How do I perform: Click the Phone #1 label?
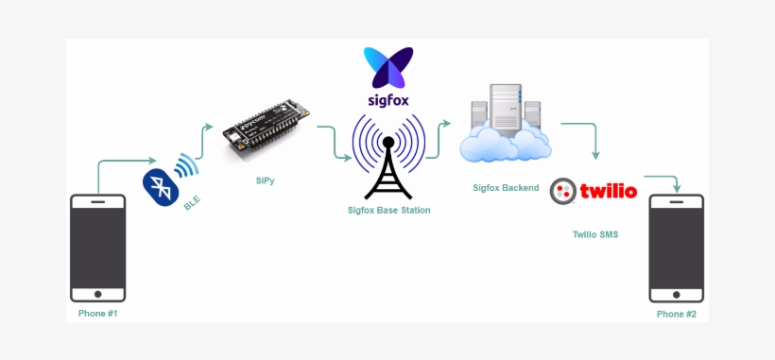pyautogui.click(x=98, y=313)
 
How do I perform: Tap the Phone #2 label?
pyautogui.click(x=677, y=313)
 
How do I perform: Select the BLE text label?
pyautogui.click(x=193, y=201)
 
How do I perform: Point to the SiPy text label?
pyautogui.click(x=266, y=180)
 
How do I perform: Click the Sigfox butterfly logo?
pyautogui.click(x=388, y=67)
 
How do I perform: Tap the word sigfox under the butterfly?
pyautogui.click(x=388, y=98)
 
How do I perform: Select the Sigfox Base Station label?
pyautogui.click(x=388, y=210)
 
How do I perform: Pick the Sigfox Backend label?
pyautogui.click(x=506, y=188)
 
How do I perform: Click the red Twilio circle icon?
pyautogui.click(x=563, y=191)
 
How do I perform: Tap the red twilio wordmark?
pyautogui.click(x=608, y=192)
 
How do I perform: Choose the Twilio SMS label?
pyautogui.click(x=595, y=234)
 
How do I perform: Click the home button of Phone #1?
pyautogui.click(x=98, y=290)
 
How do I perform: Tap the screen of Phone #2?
pyautogui.click(x=677, y=242)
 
